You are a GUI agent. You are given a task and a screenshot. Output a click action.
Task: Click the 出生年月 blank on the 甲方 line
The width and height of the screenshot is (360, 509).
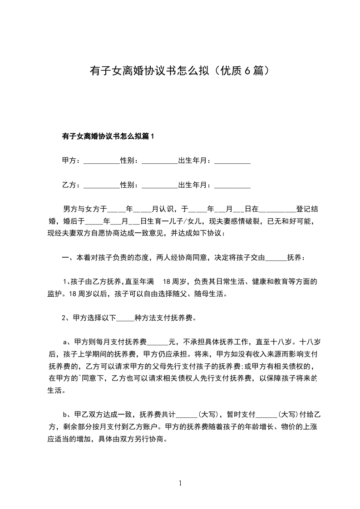(232, 162)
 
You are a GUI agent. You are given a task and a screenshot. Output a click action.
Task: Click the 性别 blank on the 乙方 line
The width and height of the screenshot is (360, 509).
(160, 186)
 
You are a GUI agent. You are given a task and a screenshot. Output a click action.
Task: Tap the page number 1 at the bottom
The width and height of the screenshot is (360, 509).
(180, 484)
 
